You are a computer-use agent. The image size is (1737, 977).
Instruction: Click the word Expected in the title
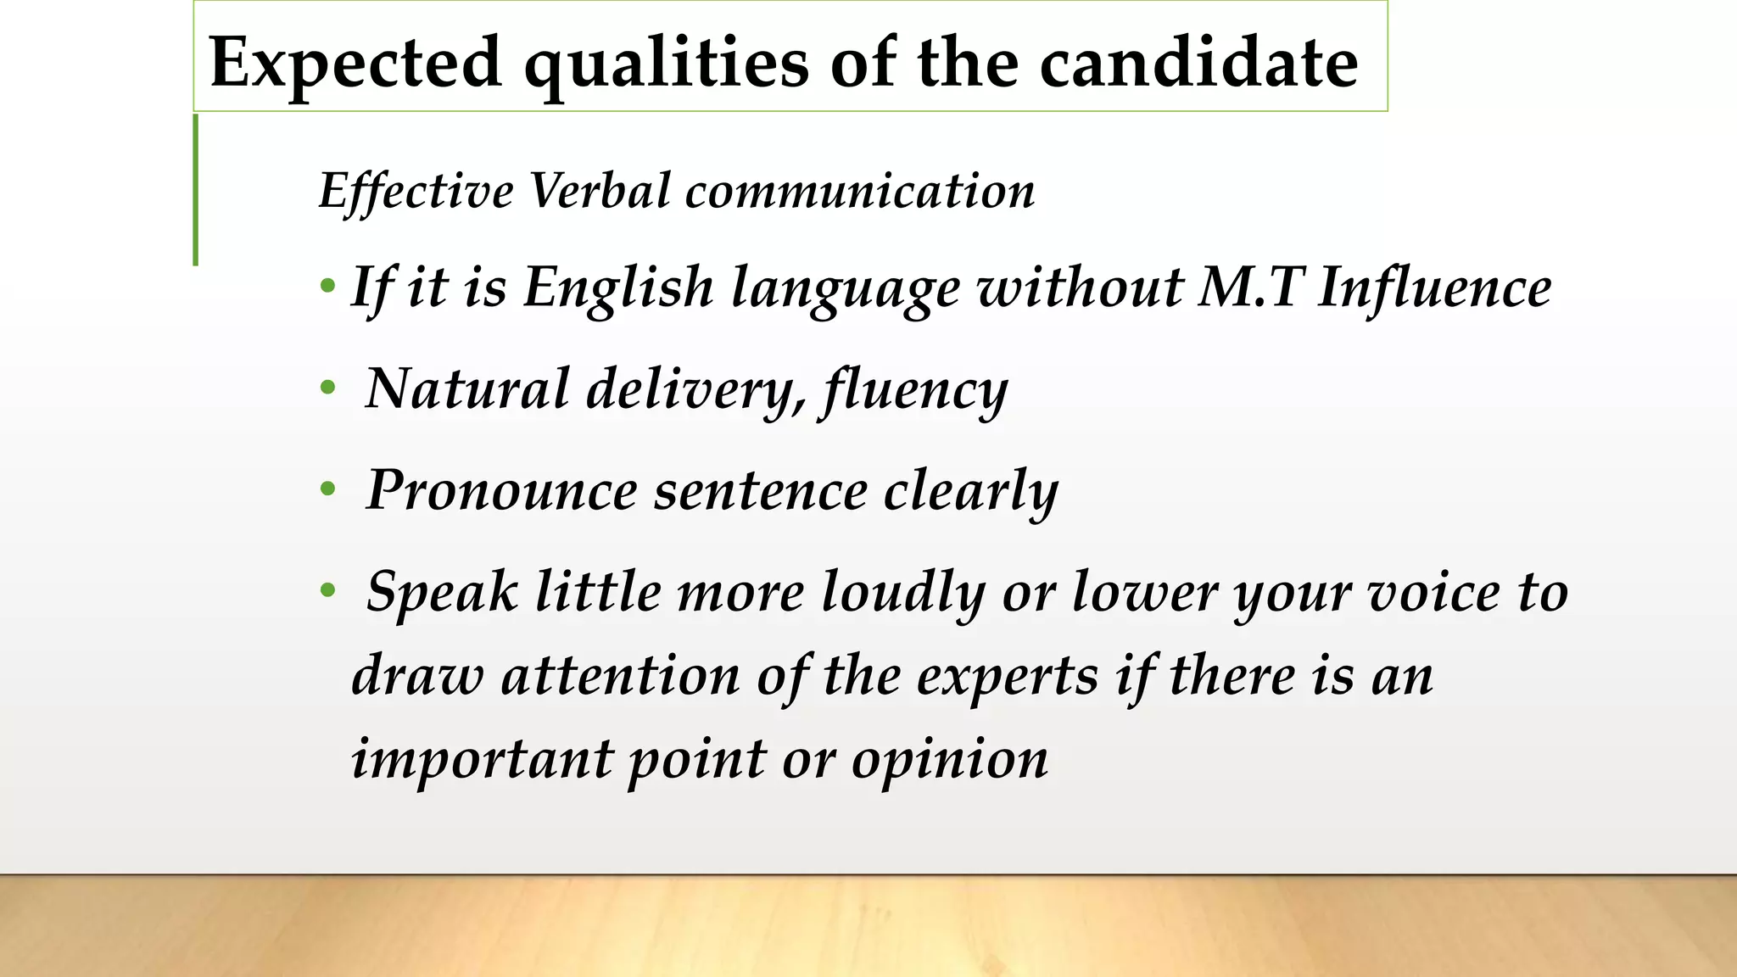coord(355,63)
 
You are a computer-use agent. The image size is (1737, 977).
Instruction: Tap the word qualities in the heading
coord(666,63)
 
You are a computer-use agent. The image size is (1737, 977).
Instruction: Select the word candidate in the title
coord(1198,63)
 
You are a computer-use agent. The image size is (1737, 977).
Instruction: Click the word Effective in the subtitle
coord(416,191)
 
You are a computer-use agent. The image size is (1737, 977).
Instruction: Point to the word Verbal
coord(600,191)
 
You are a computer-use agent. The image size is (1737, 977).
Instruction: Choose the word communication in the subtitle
coord(860,191)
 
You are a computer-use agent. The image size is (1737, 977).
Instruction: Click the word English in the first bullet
coord(618,287)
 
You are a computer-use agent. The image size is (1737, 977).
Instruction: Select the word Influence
coord(1435,287)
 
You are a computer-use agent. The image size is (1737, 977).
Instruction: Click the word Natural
coord(467,389)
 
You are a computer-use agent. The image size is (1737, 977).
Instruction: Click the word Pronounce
coord(501,491)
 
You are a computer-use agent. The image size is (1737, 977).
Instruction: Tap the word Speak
coord(441,591)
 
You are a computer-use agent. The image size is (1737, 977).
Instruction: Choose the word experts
coord(1008,676)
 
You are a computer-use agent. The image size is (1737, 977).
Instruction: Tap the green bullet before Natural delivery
coord(328,389)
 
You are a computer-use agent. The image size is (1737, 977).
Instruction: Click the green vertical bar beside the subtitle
coord(196,190)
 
